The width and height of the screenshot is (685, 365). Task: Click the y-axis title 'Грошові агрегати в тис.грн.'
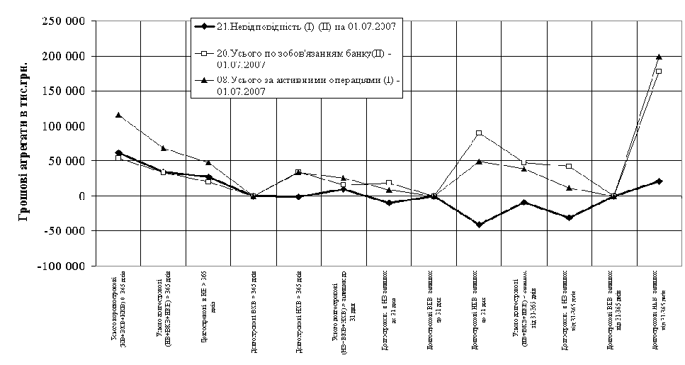(x=24, y=142)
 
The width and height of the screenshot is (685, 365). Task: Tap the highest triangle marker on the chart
(x=659, y=57)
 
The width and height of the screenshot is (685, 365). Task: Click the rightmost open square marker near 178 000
(x=659, y=72)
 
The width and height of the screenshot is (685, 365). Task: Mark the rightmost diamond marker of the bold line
(x=659, y=181)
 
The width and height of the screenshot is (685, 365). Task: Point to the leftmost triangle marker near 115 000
(x=118, y=115)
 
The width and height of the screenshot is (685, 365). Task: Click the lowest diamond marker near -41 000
(x=479, y=225)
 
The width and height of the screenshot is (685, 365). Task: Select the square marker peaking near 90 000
(x=479, y=133)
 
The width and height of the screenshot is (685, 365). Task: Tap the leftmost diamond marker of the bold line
(x=118, y=153)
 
